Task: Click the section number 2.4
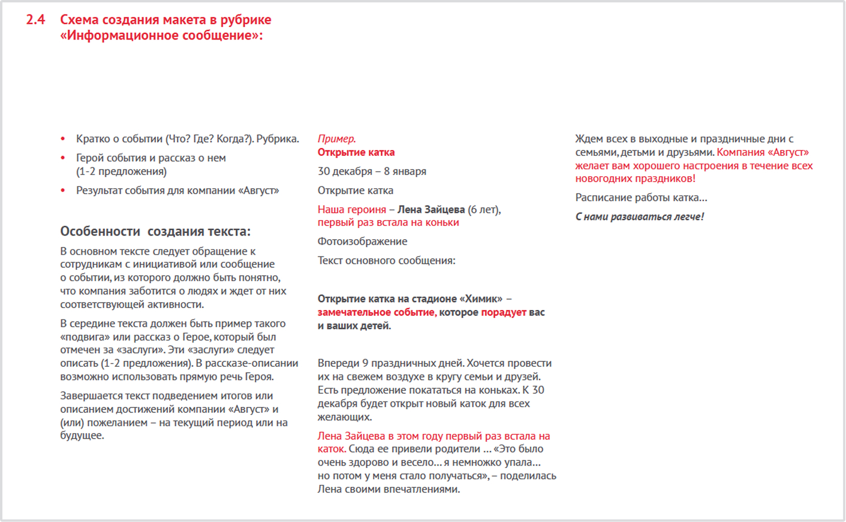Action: [35, 20]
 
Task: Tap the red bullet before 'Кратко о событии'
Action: [63, 139]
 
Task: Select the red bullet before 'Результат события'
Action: [63, 191]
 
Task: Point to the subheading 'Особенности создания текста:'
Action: [155, 231]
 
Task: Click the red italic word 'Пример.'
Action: [336, 139]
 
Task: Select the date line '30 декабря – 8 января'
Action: [372, 171]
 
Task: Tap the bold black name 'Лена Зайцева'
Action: [431, 210]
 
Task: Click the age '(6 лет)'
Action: [484, 210]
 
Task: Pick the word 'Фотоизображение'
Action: [362, 242]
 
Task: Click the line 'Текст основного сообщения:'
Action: [386, 261]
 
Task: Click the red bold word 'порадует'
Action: [503, 312]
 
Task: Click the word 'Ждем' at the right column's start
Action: [589, 139]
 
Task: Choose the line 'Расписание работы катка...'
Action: [641, 198]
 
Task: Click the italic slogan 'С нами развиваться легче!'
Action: [639, 217]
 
